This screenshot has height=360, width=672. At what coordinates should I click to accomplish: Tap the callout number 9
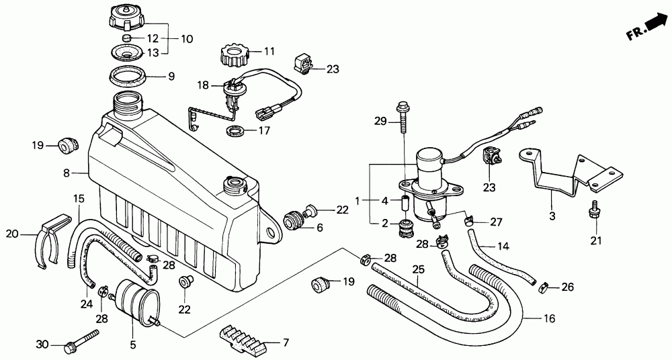(x=171, y=77)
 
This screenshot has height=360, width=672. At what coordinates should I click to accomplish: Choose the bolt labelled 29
(x=403, y=117)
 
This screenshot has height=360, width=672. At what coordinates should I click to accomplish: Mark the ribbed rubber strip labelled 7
(x=243, y=337)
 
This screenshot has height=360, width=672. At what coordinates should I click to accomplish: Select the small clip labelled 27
(x=470, y=222)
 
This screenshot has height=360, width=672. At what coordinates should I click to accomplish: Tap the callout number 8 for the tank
(x=67, y=173)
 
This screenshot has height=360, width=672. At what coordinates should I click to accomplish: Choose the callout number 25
(x=418, y=269)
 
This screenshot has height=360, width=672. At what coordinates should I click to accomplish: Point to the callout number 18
(x=203, y=85)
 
